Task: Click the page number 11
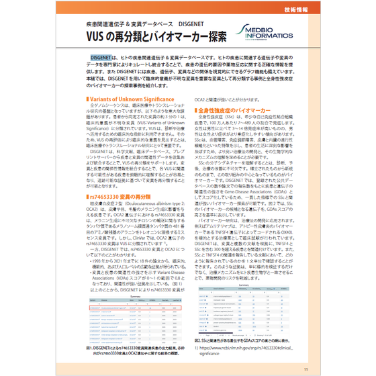click(x=305, y=369)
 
